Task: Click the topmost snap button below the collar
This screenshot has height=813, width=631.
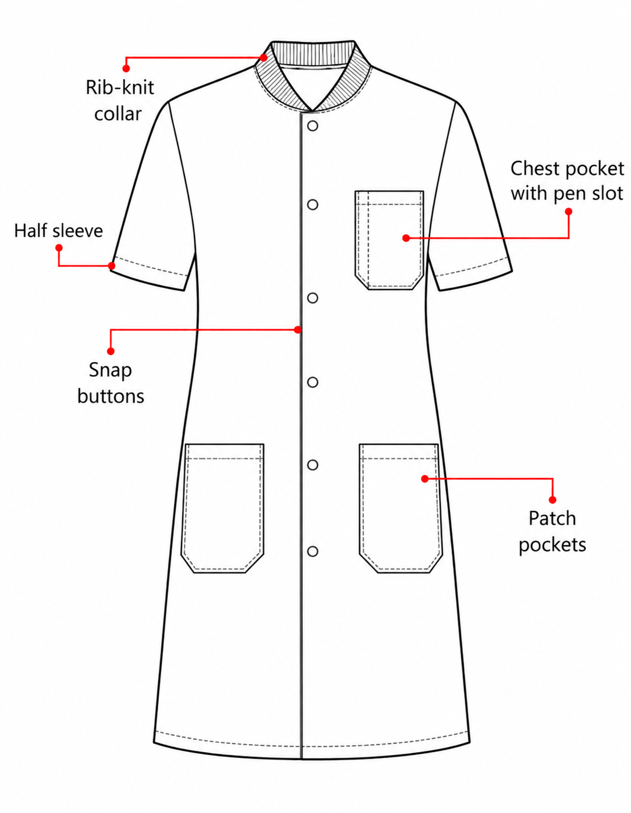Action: click(313, 126)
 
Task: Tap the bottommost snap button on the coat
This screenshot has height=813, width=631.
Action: click(313, 551)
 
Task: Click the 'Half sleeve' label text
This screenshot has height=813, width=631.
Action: click(58, 231)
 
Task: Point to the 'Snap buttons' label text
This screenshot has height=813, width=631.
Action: click(111, 383)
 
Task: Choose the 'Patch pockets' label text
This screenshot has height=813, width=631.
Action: click(552, 532)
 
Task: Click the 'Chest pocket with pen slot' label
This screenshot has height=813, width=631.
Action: click(567, 181)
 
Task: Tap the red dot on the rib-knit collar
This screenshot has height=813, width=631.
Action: click(264, 58)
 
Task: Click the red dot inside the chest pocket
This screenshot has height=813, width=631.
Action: click(406, 238)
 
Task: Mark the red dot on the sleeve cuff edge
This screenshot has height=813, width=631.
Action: click(111, 265)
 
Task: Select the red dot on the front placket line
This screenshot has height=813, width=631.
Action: click(298, 329)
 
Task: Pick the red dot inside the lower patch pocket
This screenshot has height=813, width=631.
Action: click(424, 478)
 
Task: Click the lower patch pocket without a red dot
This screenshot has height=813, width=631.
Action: click(223, 508)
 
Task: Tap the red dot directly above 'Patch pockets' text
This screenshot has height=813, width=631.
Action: click(552, 500)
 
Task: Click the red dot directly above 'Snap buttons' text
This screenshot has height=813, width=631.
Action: click(111, 351)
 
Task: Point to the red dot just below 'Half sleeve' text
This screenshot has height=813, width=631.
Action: click(59, 248)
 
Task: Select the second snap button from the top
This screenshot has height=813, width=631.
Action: click(313, 204)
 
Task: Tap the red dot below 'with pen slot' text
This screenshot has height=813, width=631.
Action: click(569, 212)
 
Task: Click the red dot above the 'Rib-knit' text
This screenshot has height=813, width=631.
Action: click(126, 69)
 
